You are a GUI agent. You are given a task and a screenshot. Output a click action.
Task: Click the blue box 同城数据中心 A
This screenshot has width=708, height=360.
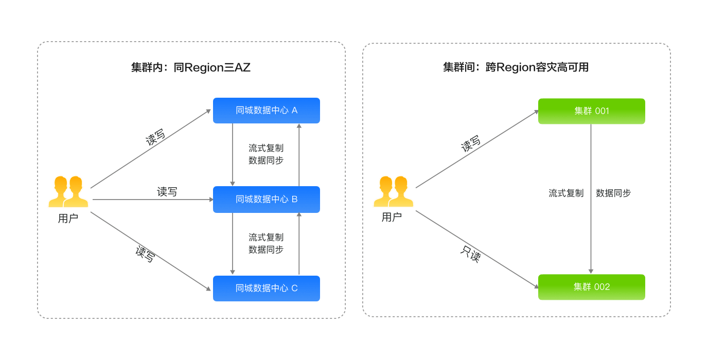pyautogui.click(x=267, y=111)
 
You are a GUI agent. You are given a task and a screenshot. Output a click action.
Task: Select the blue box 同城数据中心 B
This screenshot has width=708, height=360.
pyautogui.click(x=267, y=200)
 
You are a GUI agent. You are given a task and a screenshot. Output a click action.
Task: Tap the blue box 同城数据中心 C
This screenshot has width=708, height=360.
pyautogui.click(x=267, y=289)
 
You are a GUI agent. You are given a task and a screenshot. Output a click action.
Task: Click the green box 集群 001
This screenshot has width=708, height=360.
pyautogui.click(x=591, y=111)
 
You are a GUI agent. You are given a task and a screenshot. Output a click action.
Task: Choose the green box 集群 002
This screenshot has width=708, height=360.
pyautogui.click(x=591, y=287)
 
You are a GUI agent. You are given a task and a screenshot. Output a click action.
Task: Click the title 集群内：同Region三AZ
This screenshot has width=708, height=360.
pyautogui.click(x=191, y=68)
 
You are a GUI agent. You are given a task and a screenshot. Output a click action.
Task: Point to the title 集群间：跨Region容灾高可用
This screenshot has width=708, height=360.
pyautogui.click(x=516, y=68)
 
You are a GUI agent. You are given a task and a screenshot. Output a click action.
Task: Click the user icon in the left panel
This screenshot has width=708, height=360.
pyautogui.click(x=68, y=192)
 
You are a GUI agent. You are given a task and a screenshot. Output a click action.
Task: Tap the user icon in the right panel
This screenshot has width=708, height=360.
pyautogui.click(x=394, y=191)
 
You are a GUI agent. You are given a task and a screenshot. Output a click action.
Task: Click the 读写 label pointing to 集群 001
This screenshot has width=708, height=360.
pyautogui.click(x=471, y=144)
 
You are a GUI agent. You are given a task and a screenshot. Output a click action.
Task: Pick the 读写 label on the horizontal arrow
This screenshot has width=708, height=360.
pyautogui.click(x=167, y=192)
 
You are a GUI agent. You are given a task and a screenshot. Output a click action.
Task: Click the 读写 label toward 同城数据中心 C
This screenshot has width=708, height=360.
pyautogui.click(x=145, y=254)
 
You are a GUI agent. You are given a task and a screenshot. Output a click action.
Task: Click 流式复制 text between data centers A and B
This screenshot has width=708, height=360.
pyautogui.click(x=266, y=148)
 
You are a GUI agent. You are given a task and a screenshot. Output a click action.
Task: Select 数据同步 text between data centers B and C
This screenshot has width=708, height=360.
pyautogui.click(x=266, y=249)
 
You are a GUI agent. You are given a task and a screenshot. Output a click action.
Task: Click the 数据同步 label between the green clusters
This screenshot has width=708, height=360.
pyautogui.click(x=613, y=193)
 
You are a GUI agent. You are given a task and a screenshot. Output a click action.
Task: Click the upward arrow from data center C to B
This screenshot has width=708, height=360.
pyautogui.click(x=299, y=244)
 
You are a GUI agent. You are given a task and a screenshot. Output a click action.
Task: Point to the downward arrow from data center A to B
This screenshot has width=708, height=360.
pyautogui.click(x=233, y=154)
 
